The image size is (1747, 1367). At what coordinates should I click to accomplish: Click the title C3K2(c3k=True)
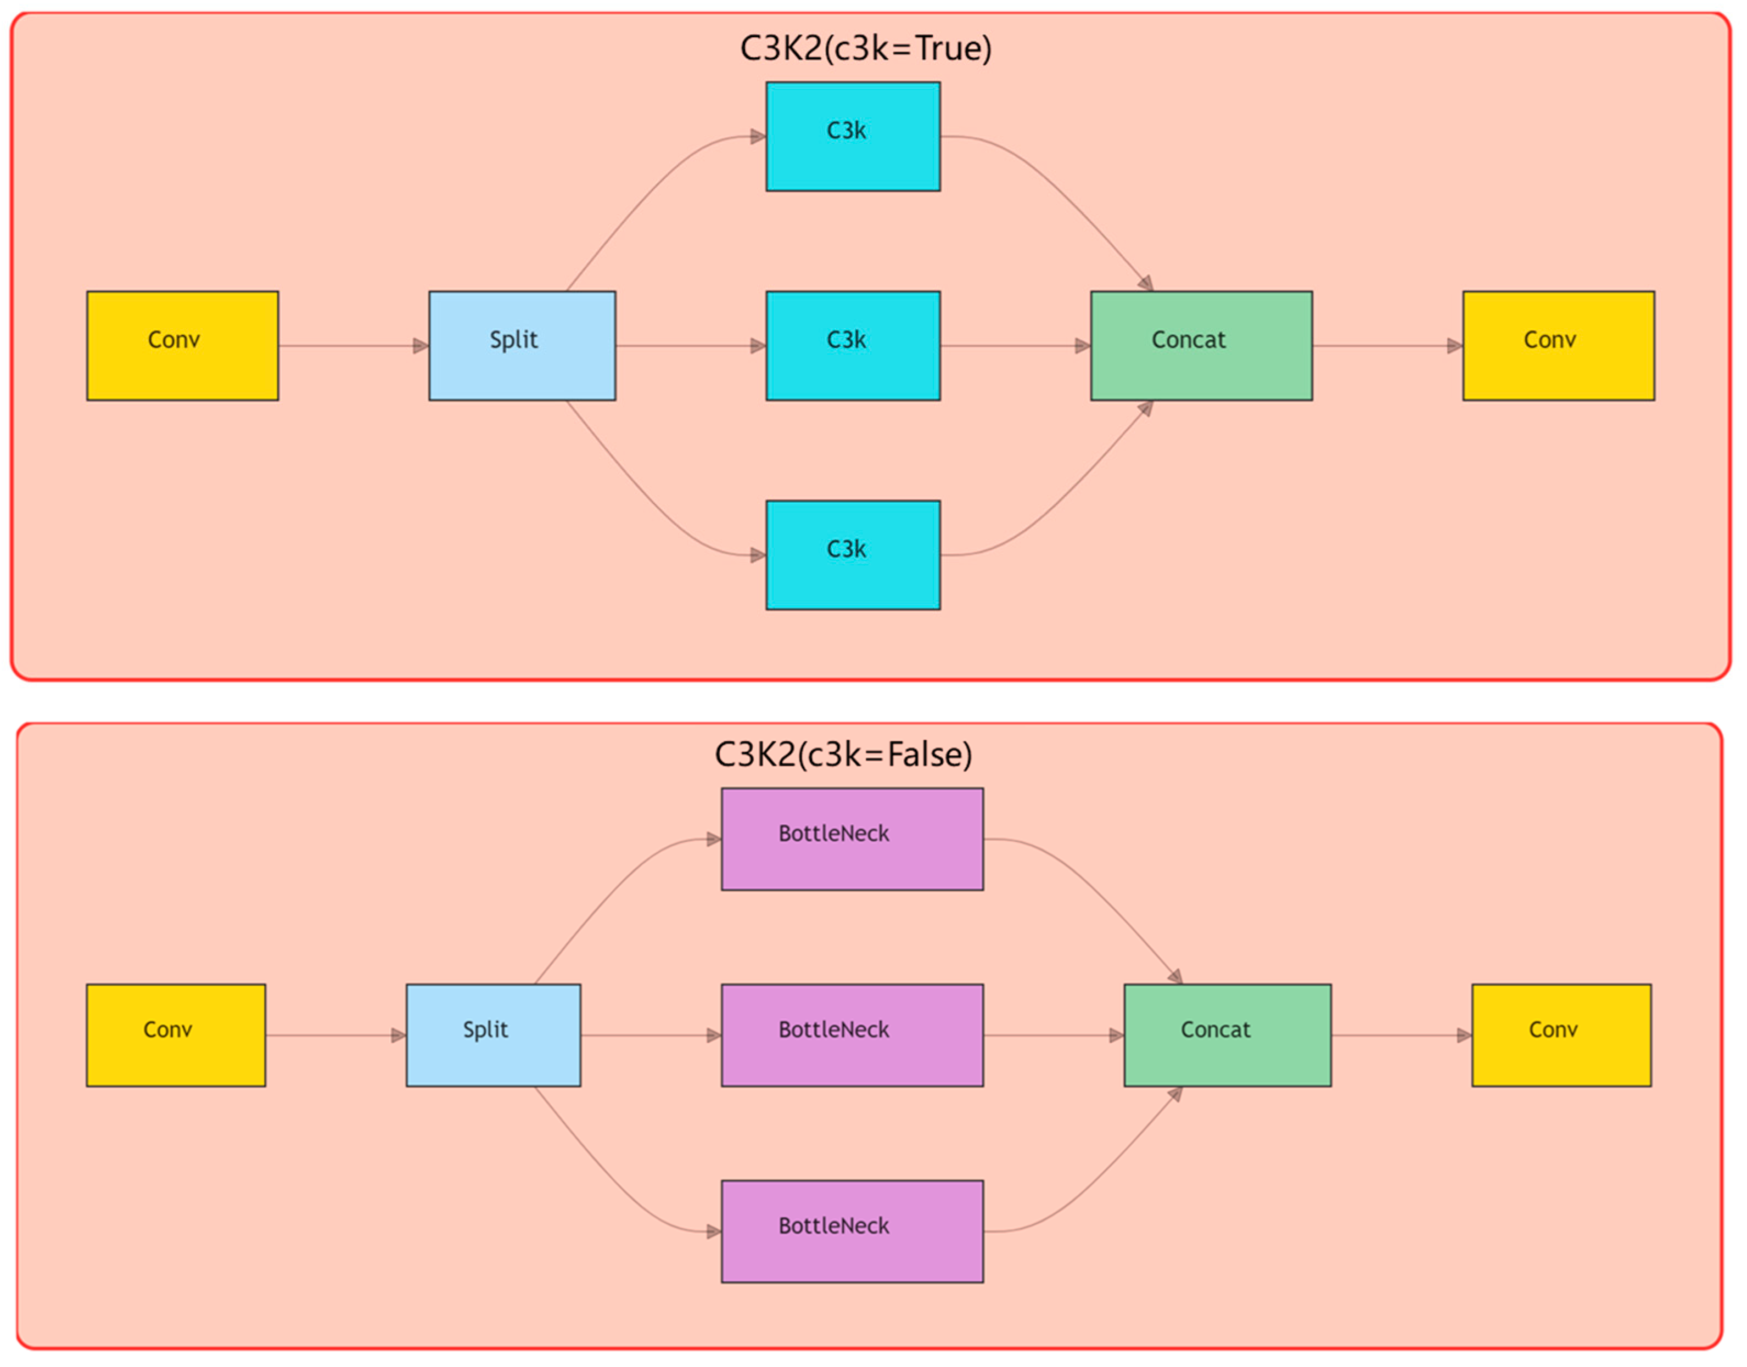click(865, 49)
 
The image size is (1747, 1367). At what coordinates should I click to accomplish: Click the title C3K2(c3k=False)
click(843, 755)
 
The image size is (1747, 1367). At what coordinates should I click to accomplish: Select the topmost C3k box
click(853, 137)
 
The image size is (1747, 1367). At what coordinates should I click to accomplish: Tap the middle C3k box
click(853, 346)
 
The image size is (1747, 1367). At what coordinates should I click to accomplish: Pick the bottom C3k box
click(853, 555)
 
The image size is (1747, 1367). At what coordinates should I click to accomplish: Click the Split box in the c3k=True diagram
click(522, 346)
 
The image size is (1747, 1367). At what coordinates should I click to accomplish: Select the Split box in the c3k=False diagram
click(493, 1036)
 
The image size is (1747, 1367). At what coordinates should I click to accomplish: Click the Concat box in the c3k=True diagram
click(1201, 346)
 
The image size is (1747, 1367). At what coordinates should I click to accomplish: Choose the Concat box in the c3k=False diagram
click(1228, 1036)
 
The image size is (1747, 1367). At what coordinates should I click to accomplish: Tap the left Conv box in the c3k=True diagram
click(182, 346)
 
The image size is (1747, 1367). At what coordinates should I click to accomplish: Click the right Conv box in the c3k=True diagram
click(1558, 346)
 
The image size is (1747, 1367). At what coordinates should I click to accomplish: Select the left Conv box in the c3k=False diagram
click(176, 1036)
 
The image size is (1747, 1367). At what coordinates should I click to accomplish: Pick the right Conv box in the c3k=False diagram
click(1561, 1036)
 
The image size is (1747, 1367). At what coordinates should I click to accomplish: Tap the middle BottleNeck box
click(852, 1036)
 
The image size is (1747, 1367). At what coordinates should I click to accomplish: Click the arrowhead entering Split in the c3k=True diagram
click(421, 346)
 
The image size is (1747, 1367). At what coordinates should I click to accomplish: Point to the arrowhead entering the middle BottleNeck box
click(714, 1036)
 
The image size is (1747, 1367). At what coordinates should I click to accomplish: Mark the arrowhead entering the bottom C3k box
click(758, 555)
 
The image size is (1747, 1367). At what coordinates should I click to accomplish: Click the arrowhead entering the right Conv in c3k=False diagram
click(1464, 1036)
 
